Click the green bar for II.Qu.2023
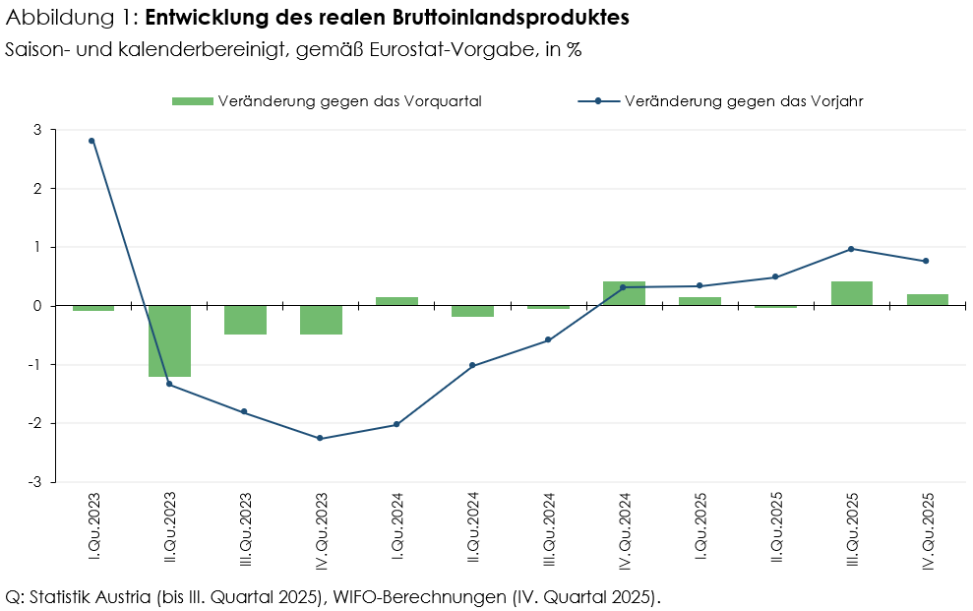(169, 340)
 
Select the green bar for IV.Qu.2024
(624, 293)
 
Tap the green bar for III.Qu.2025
(851, 293)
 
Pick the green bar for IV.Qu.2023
(321, 320)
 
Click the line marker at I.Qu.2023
(92, 141)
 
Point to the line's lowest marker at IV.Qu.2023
(320, 438)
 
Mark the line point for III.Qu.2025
(851, 249)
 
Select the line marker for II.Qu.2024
(472, 365)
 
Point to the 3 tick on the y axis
(37, 130)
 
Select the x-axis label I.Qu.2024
(396, 525)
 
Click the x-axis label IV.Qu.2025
(928, 528)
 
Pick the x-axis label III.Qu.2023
(245, 527)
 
